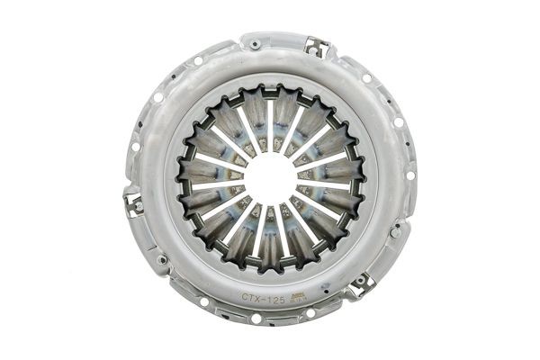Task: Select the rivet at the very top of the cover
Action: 256,43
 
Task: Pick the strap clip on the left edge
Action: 133,202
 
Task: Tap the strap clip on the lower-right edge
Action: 362,283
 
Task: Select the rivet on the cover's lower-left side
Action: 162,260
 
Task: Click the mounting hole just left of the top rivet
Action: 198,60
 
